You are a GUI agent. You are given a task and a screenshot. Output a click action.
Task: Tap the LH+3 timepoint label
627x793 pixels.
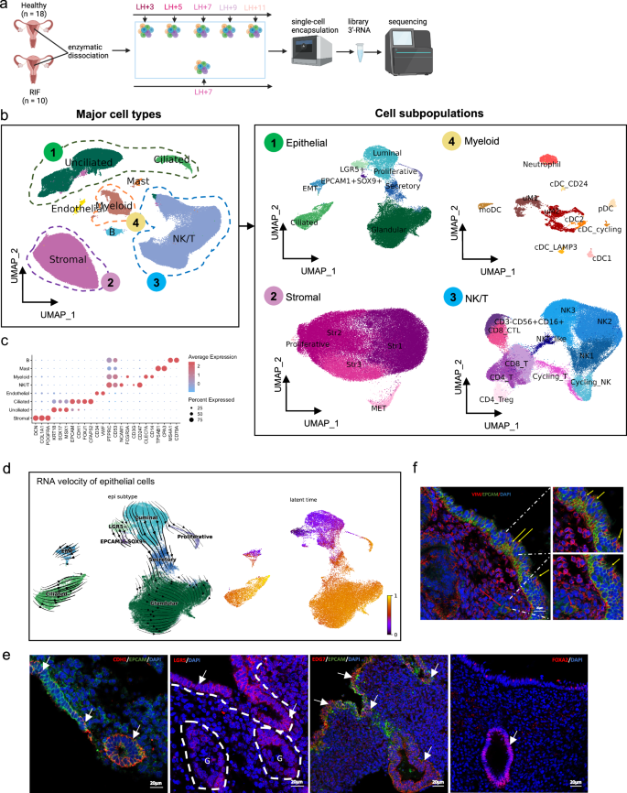coord(146,8)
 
